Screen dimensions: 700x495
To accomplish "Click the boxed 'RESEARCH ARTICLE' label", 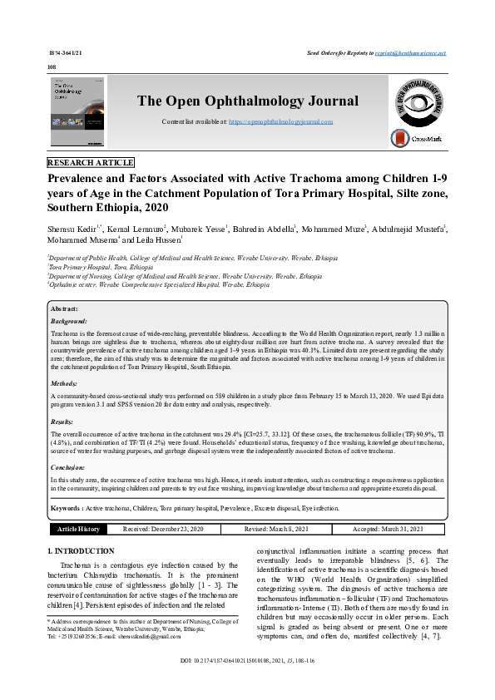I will (91, 163).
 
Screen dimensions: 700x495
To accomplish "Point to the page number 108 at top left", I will (52, 66).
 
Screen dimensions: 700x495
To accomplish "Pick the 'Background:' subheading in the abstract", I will (69, 320).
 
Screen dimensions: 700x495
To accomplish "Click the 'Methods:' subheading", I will (64, 384).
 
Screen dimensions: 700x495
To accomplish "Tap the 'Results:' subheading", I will (63, 422).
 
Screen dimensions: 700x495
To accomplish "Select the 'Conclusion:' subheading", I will (68, 467).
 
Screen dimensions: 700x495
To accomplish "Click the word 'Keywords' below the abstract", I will (66, 506).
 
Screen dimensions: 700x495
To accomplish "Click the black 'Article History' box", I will (78, 529).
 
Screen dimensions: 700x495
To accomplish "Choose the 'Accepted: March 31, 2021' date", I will (388, 529).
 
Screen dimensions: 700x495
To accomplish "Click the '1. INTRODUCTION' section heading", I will (82, 551).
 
